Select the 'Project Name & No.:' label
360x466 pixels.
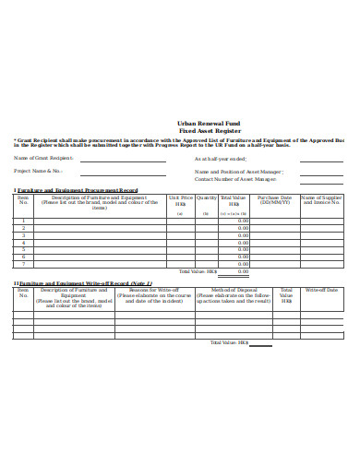(38, 171)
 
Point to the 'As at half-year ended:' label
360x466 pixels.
(221, 158)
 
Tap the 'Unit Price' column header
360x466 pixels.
(180, 197)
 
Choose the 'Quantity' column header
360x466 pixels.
(207, 197)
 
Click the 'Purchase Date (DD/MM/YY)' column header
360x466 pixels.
(274, 200)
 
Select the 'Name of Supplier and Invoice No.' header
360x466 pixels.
(322, 200)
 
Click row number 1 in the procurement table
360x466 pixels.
(23, 221)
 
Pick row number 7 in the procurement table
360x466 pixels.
(23, 264)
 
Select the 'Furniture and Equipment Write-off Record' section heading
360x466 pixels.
(85, 282)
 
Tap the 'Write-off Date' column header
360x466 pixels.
(322, 290)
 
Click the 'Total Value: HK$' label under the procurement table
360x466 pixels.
(198, 271)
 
